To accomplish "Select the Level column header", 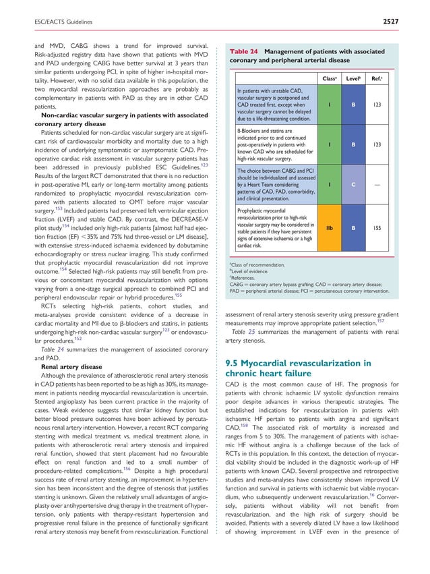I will click(353, 79).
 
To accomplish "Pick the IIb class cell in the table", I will click(329, 229).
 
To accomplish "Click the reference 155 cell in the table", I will click(377, 229).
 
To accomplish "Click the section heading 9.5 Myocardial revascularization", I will click(295, 364).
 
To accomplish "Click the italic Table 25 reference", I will click(245, 332).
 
